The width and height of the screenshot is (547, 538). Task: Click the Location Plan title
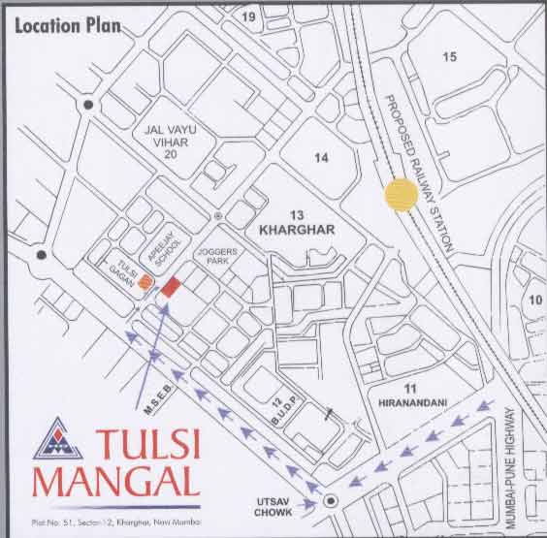[x=67, y=24]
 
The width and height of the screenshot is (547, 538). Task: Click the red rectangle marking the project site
[x=171, y=286]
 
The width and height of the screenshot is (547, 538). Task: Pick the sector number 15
[x=449, y=57]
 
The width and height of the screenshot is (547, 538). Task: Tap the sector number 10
[x=534, y=299]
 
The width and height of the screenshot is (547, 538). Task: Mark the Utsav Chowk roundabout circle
[x=331, y=500]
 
